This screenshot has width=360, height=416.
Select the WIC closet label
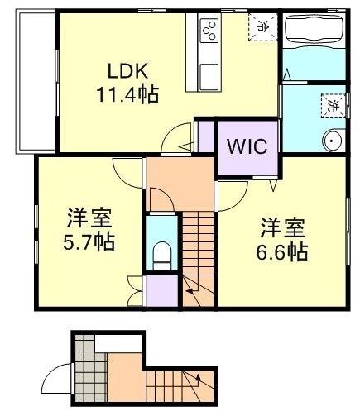[x=247, y=148]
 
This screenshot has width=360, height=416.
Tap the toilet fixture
[x=162, y=251]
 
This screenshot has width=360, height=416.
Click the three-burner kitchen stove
[x=209, y=32]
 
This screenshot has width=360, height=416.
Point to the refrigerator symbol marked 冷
[x=261, y=26]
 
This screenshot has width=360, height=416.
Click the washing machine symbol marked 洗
[x=329, y=106]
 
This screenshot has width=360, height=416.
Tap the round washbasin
[x=334, y=141]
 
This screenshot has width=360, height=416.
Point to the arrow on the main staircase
[x=191, y=289]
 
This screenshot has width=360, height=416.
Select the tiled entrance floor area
[x=82, y=365]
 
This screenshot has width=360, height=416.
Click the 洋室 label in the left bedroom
[x=90, y=218]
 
